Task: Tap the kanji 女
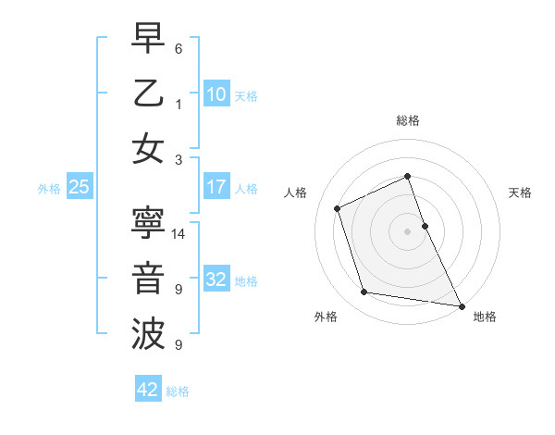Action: tap(148, 148)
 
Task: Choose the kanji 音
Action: tap(148, 278)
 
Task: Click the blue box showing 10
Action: tap(216, 93)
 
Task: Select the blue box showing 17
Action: tap(216, 187)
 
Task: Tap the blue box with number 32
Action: tap(216, 280)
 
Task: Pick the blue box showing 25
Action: tap(80, 187)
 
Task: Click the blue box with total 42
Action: tap(147, 390)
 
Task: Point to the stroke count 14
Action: tap(179, 235)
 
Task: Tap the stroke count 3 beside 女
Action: tap(179, 159)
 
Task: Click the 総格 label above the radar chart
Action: tap(407, 120)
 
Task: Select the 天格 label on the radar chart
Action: tap(520, 193)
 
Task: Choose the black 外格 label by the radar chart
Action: tap(326, 317)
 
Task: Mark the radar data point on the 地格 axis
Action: tap(461, 304)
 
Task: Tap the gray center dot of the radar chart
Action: tap(407, 230)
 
